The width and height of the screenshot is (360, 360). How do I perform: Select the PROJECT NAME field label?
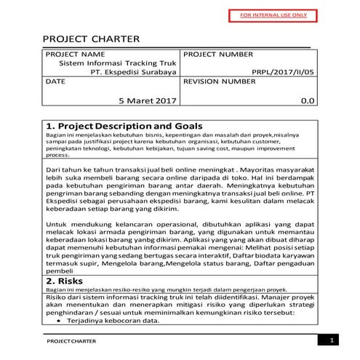[74, 55]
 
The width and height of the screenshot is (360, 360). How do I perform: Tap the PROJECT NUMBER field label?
[219, 55]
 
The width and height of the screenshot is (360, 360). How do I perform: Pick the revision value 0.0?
[308, 100]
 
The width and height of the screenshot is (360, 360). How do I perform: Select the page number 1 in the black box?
[332, 340]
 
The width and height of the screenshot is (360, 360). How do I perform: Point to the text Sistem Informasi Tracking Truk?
[117, 63]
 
